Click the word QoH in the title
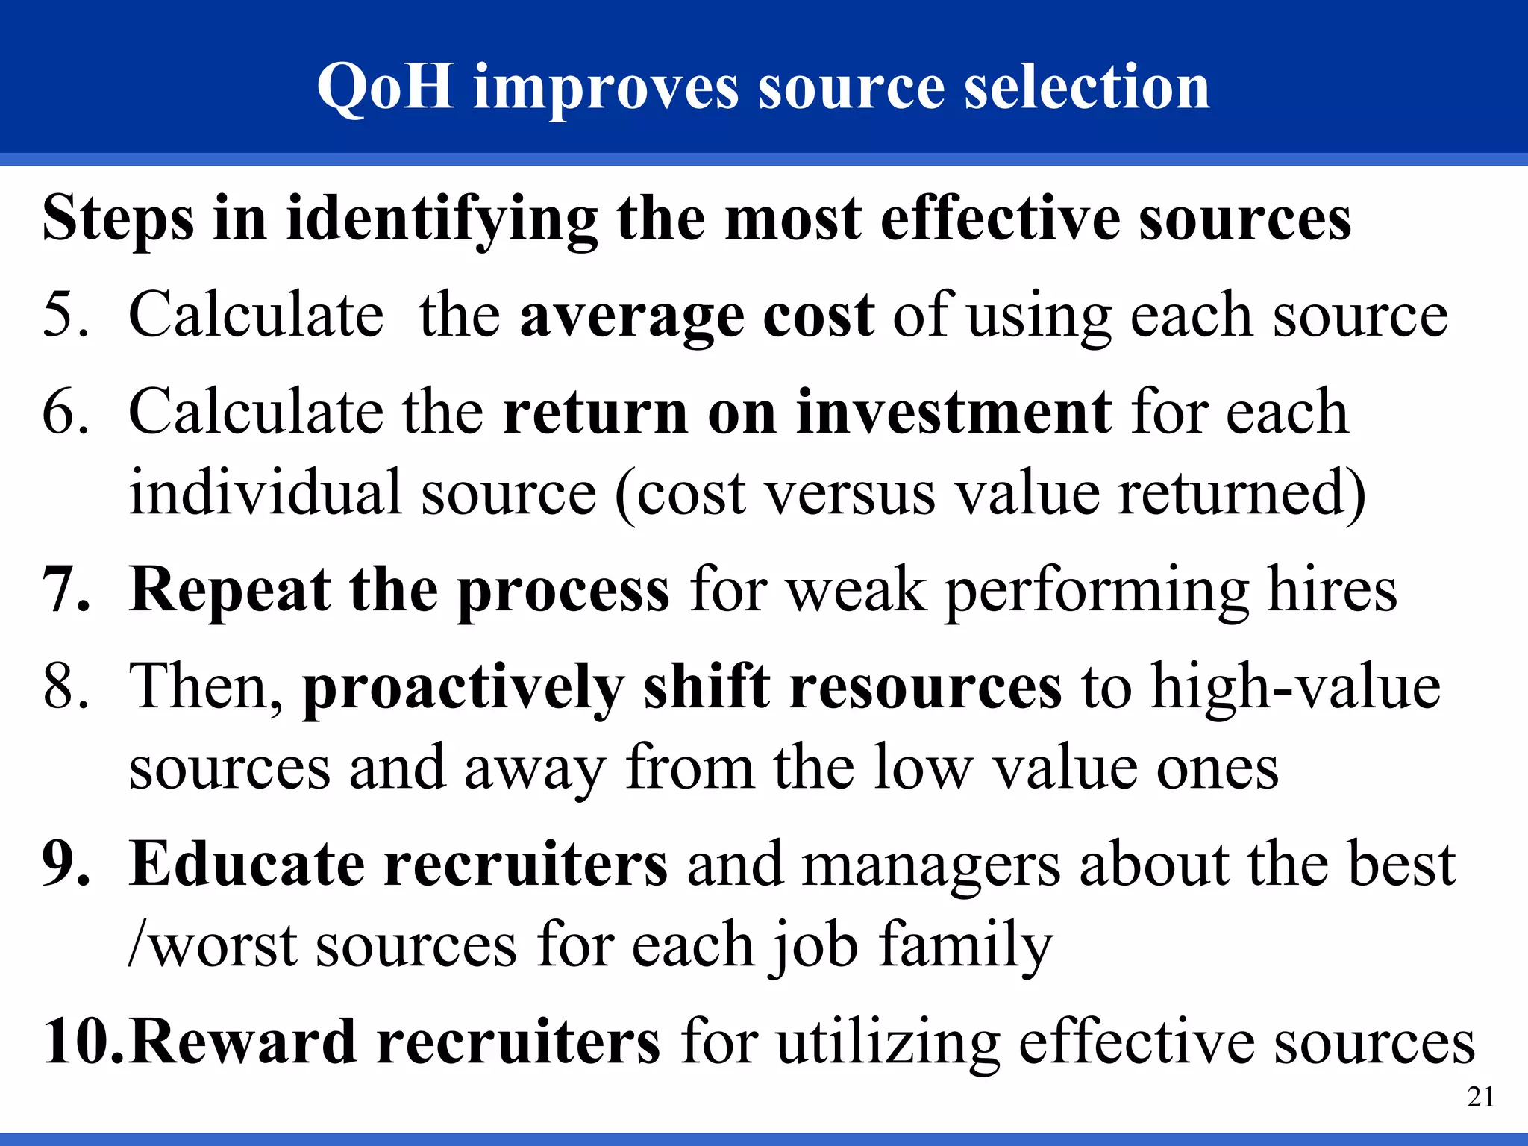pyautogui.click(x=385, y=87)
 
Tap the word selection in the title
pyautogui.click(x=1086, y=87)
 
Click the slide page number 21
pyautogui.click(x=1480, y=1097)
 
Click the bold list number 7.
pyautogui.click(x=65, y=590)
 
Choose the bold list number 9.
pyautogui.click(x=65, y=864)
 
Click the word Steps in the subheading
pyautogui.click(x=119, y=220)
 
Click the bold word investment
pyautogui.click(x=954, y=412)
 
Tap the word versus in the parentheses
pyautogui.click(x=851, y=494)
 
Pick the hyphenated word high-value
pyautogui.click(x=1295, y=686)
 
